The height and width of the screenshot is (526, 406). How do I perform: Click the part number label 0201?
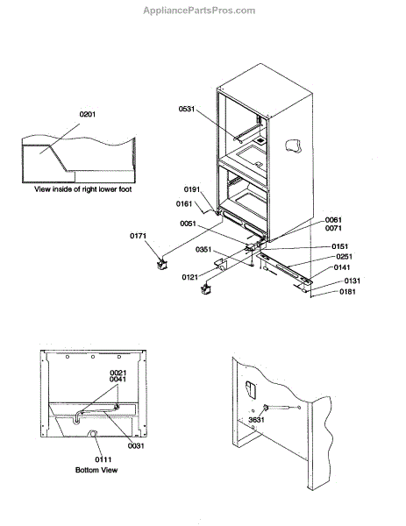point(87,114)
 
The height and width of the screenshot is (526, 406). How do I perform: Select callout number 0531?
point(187,109)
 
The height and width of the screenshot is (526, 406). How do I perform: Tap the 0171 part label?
point(138,236)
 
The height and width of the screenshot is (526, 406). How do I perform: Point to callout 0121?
point(190,277)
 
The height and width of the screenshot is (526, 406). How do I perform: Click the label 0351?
point(203,250)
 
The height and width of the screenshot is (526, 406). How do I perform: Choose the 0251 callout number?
point(345,257)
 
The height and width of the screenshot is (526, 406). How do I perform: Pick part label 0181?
point(347,292)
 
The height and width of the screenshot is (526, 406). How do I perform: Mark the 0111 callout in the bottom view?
point(103,459)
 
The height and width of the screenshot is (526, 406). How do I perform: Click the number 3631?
point(256,420)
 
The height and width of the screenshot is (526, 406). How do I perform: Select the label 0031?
point(136,446)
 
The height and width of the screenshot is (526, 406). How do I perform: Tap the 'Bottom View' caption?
point(96,470)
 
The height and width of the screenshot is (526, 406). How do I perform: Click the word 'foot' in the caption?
point(125,189)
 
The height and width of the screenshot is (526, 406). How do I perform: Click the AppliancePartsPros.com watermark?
point(199,11)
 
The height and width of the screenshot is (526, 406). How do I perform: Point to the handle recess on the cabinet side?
point(293,146)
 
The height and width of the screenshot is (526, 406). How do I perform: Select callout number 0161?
point(184,204)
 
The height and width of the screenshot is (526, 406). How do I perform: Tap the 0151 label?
point(340,246)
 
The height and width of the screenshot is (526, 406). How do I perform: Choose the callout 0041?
point(118,380)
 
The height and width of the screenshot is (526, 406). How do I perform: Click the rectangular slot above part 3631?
point(251,390)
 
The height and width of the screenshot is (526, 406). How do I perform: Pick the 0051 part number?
point(188,224)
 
